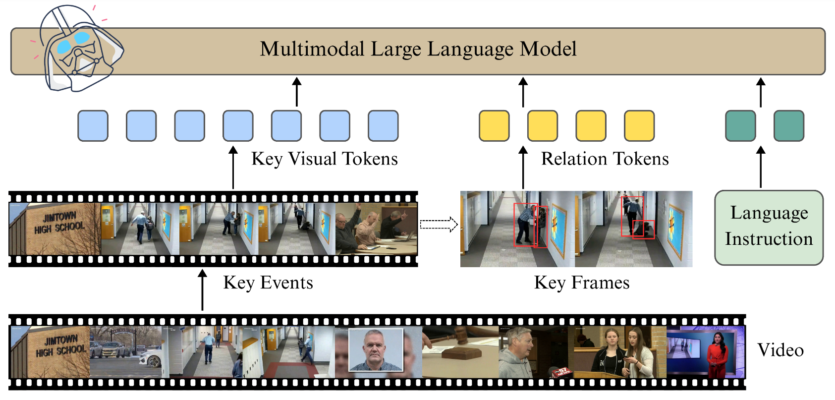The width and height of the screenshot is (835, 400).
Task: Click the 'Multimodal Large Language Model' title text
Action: (x=418, y=49)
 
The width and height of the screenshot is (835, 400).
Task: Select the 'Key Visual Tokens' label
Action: (x=325, y=159)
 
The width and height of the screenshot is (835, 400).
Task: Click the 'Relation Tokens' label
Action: (x=605, y=159)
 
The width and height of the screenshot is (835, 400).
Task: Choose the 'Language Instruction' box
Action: (x=769, y=227)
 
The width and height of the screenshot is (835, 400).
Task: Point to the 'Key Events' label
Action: (x=268, y=283)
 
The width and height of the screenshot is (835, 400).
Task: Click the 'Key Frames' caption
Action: (x=582, y=283)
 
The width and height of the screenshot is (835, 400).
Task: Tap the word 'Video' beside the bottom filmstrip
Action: (x=780, y=350)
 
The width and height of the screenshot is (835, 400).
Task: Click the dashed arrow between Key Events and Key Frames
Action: (x=439, y=224)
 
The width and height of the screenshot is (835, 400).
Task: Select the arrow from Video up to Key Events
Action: (x=202, y=290)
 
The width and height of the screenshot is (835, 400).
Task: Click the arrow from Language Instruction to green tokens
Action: (x=761, y=167)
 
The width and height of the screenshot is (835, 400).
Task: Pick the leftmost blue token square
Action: (x=93, y=126)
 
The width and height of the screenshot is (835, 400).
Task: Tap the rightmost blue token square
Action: (x=383, y=126)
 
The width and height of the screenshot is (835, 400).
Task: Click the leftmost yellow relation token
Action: (x=494, y=126)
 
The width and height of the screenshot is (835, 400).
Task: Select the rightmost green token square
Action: (x=789, y=126)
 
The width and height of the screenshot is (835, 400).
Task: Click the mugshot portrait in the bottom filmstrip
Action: (x=376, y=349)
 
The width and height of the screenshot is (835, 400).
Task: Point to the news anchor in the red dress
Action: (x=717, y=354)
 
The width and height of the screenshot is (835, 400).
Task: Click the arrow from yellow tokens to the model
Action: (x=523, y=92)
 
